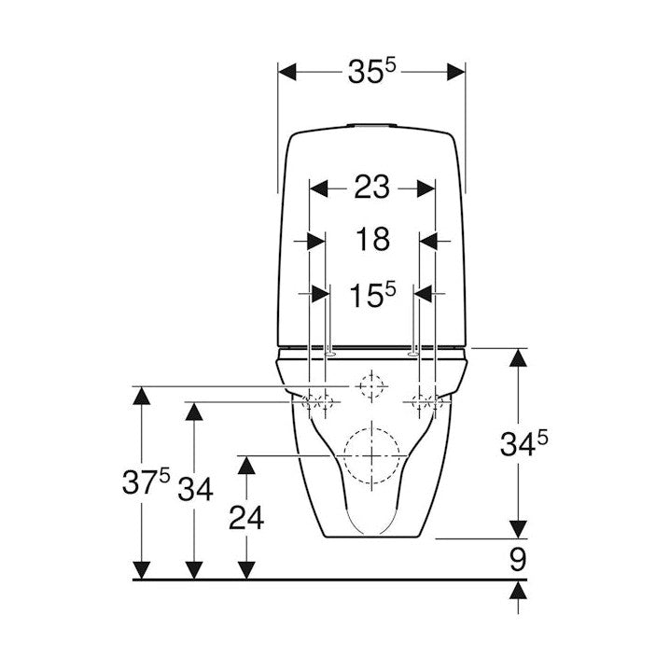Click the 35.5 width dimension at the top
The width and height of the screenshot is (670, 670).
[x=372, y=71]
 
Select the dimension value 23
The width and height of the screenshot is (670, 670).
[x=371, y=188]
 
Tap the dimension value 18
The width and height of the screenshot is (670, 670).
[x=372, y=239]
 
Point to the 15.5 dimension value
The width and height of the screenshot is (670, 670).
[x=372, y=294]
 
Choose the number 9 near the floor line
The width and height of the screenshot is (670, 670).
[x=518, y=559]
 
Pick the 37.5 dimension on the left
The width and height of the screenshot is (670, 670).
[x=147, y=482]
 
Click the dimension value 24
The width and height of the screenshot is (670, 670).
[x=246, y=518]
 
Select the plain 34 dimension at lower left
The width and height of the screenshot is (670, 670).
[x=195, y=489]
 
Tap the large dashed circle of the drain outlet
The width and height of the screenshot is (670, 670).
[x=371, y=455]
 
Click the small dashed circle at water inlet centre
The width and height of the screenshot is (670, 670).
[x=371, y=385]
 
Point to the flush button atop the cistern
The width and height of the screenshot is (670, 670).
[x=371, y=126]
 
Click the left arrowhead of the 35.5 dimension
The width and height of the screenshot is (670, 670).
[x=287, y=72]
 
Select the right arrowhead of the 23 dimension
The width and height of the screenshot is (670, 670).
[x=426, y=188]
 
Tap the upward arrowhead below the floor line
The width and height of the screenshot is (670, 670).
[x=518, y=590]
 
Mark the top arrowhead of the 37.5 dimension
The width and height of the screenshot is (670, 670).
[x=142, y=396]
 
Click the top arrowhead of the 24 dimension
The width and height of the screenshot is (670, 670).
[x=246, y=465]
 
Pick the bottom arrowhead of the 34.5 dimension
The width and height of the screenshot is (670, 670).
[x=518, y=529]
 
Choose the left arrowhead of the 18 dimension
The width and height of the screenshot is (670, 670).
[x=316, y=242]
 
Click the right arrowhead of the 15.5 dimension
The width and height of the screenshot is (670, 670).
[x=423, y=294]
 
